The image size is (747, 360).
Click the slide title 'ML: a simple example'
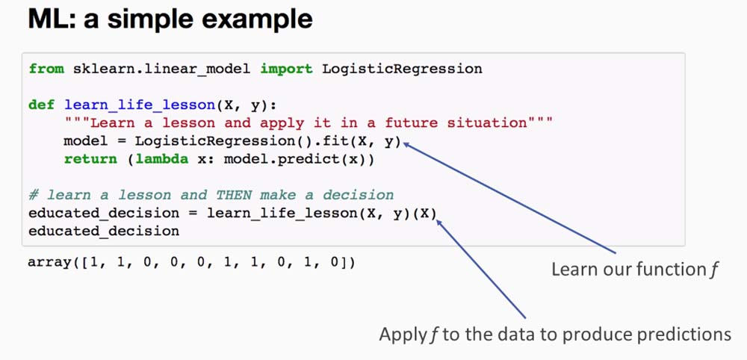[170, 19]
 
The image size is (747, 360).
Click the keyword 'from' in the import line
[46, 69]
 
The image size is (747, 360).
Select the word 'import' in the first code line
[286, 69]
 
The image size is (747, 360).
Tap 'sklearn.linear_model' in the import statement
[161, 69]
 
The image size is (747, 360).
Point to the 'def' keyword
[41, 105]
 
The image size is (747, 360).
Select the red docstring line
[309, 122]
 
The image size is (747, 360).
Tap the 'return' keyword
[90, 159]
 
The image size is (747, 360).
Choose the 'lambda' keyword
[161, 159]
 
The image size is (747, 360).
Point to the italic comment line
[211, 195]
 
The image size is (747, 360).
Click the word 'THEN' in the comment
[233, 195]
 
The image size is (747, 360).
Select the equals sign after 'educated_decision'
[193, 214]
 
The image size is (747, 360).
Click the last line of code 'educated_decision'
[104, 232]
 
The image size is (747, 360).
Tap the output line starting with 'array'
[192, 262]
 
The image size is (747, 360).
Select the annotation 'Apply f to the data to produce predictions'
[555, 335]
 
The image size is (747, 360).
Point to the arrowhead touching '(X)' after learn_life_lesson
[440, 223]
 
